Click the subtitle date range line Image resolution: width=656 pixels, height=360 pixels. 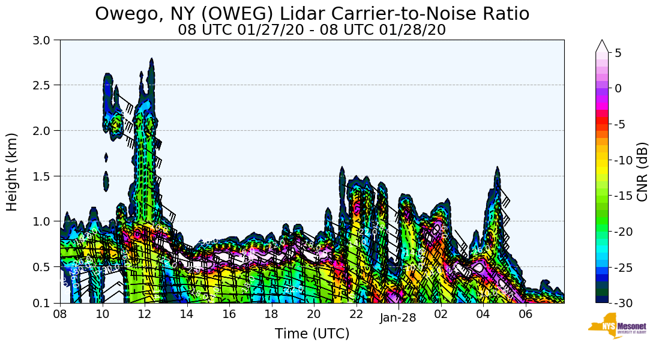click(311, 30)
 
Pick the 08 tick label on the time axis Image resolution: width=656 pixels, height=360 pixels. click(60, 314)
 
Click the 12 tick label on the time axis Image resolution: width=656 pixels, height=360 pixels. click(145, 314)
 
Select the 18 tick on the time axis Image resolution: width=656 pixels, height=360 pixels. click(271, 314)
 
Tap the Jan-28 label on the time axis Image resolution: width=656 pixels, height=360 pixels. click(398, 319)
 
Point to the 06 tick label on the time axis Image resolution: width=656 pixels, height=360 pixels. click(526, 314)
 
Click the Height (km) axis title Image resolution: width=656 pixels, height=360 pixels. click(13, 172)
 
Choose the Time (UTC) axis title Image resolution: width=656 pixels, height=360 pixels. click(311, 334)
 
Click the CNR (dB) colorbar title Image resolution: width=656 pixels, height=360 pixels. click(642, 172)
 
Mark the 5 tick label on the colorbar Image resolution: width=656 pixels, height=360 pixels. click(618, 53)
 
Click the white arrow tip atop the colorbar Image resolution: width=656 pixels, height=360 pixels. click(602, 45)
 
